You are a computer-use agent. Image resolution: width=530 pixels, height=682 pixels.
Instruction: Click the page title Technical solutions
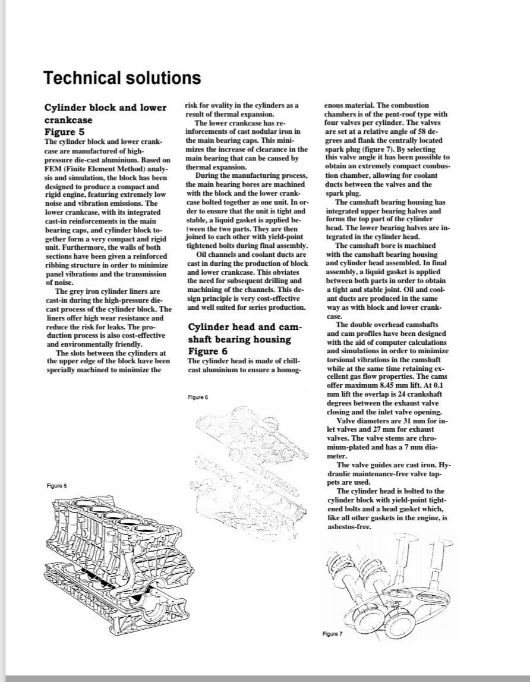(x=122, y=78)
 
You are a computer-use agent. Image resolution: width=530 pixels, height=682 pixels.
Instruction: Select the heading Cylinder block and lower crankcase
(x=106, y=114)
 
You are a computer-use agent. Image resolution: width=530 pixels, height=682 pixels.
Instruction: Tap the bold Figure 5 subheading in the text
(x=68, y=131)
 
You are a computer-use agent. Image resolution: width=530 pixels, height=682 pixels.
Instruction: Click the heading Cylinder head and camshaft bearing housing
(x=245, y=333)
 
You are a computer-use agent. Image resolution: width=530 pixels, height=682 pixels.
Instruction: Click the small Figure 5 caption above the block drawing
(x=56, y=486)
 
